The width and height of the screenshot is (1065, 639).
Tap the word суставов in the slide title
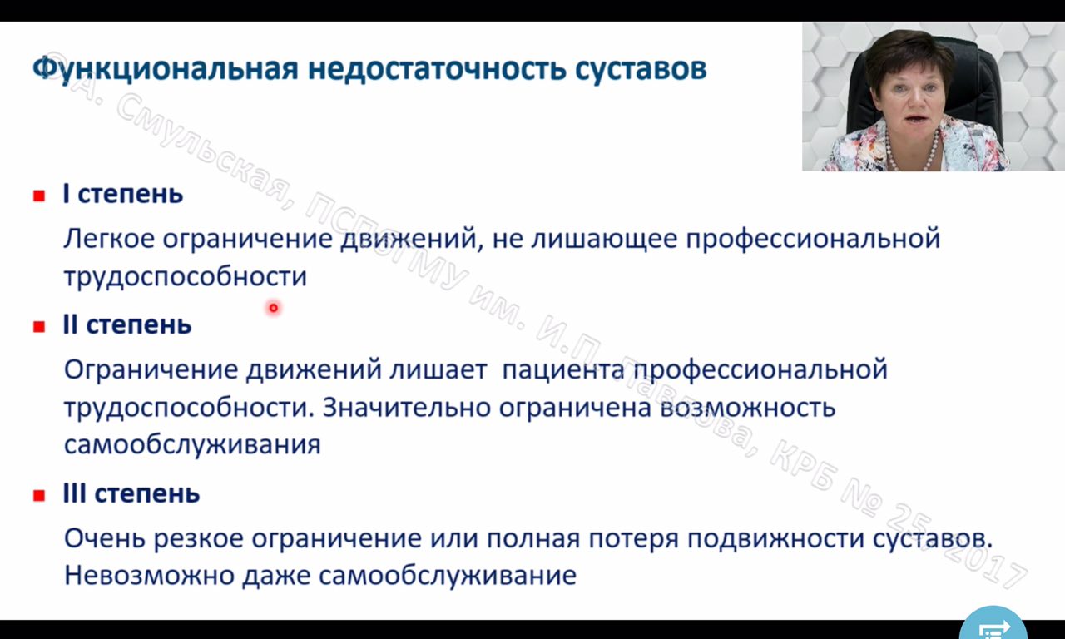tap(641, 69)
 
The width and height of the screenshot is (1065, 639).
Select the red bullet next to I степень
tap(39, 196)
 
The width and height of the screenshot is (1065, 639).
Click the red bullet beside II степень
tap(39, 327)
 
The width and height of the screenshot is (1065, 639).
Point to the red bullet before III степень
tap(39, 495)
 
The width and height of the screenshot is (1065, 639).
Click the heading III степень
tap(131, 493)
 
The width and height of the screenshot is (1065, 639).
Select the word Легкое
tap(109, 238)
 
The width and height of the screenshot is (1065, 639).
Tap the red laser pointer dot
tap(274, 308)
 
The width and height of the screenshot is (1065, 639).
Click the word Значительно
tap(407, 407)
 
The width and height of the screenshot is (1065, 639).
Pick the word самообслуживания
tap(192, 445)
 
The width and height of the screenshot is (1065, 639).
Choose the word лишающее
tap(604, 238)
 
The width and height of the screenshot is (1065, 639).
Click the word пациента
tap(563, 369)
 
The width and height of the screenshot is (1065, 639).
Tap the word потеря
tap(635, 539)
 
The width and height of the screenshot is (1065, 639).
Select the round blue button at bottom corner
tap(993, 627)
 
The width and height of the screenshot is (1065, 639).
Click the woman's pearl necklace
tap(913, 152)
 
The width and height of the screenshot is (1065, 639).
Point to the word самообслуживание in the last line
tap(448, 575)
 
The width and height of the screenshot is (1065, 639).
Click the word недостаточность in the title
tap(437, 69)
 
